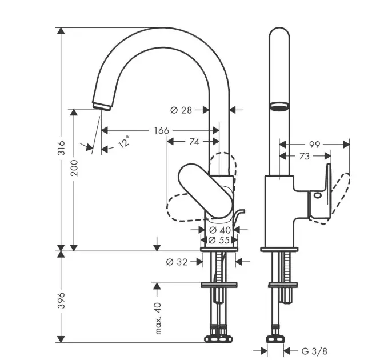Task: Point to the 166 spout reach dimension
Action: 162,131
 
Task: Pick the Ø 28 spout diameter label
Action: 181,110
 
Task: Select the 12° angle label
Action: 124,141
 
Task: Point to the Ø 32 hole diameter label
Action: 177,262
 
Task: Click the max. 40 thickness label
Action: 159,319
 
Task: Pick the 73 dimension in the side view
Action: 305,156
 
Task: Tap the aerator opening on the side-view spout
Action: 278,107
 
